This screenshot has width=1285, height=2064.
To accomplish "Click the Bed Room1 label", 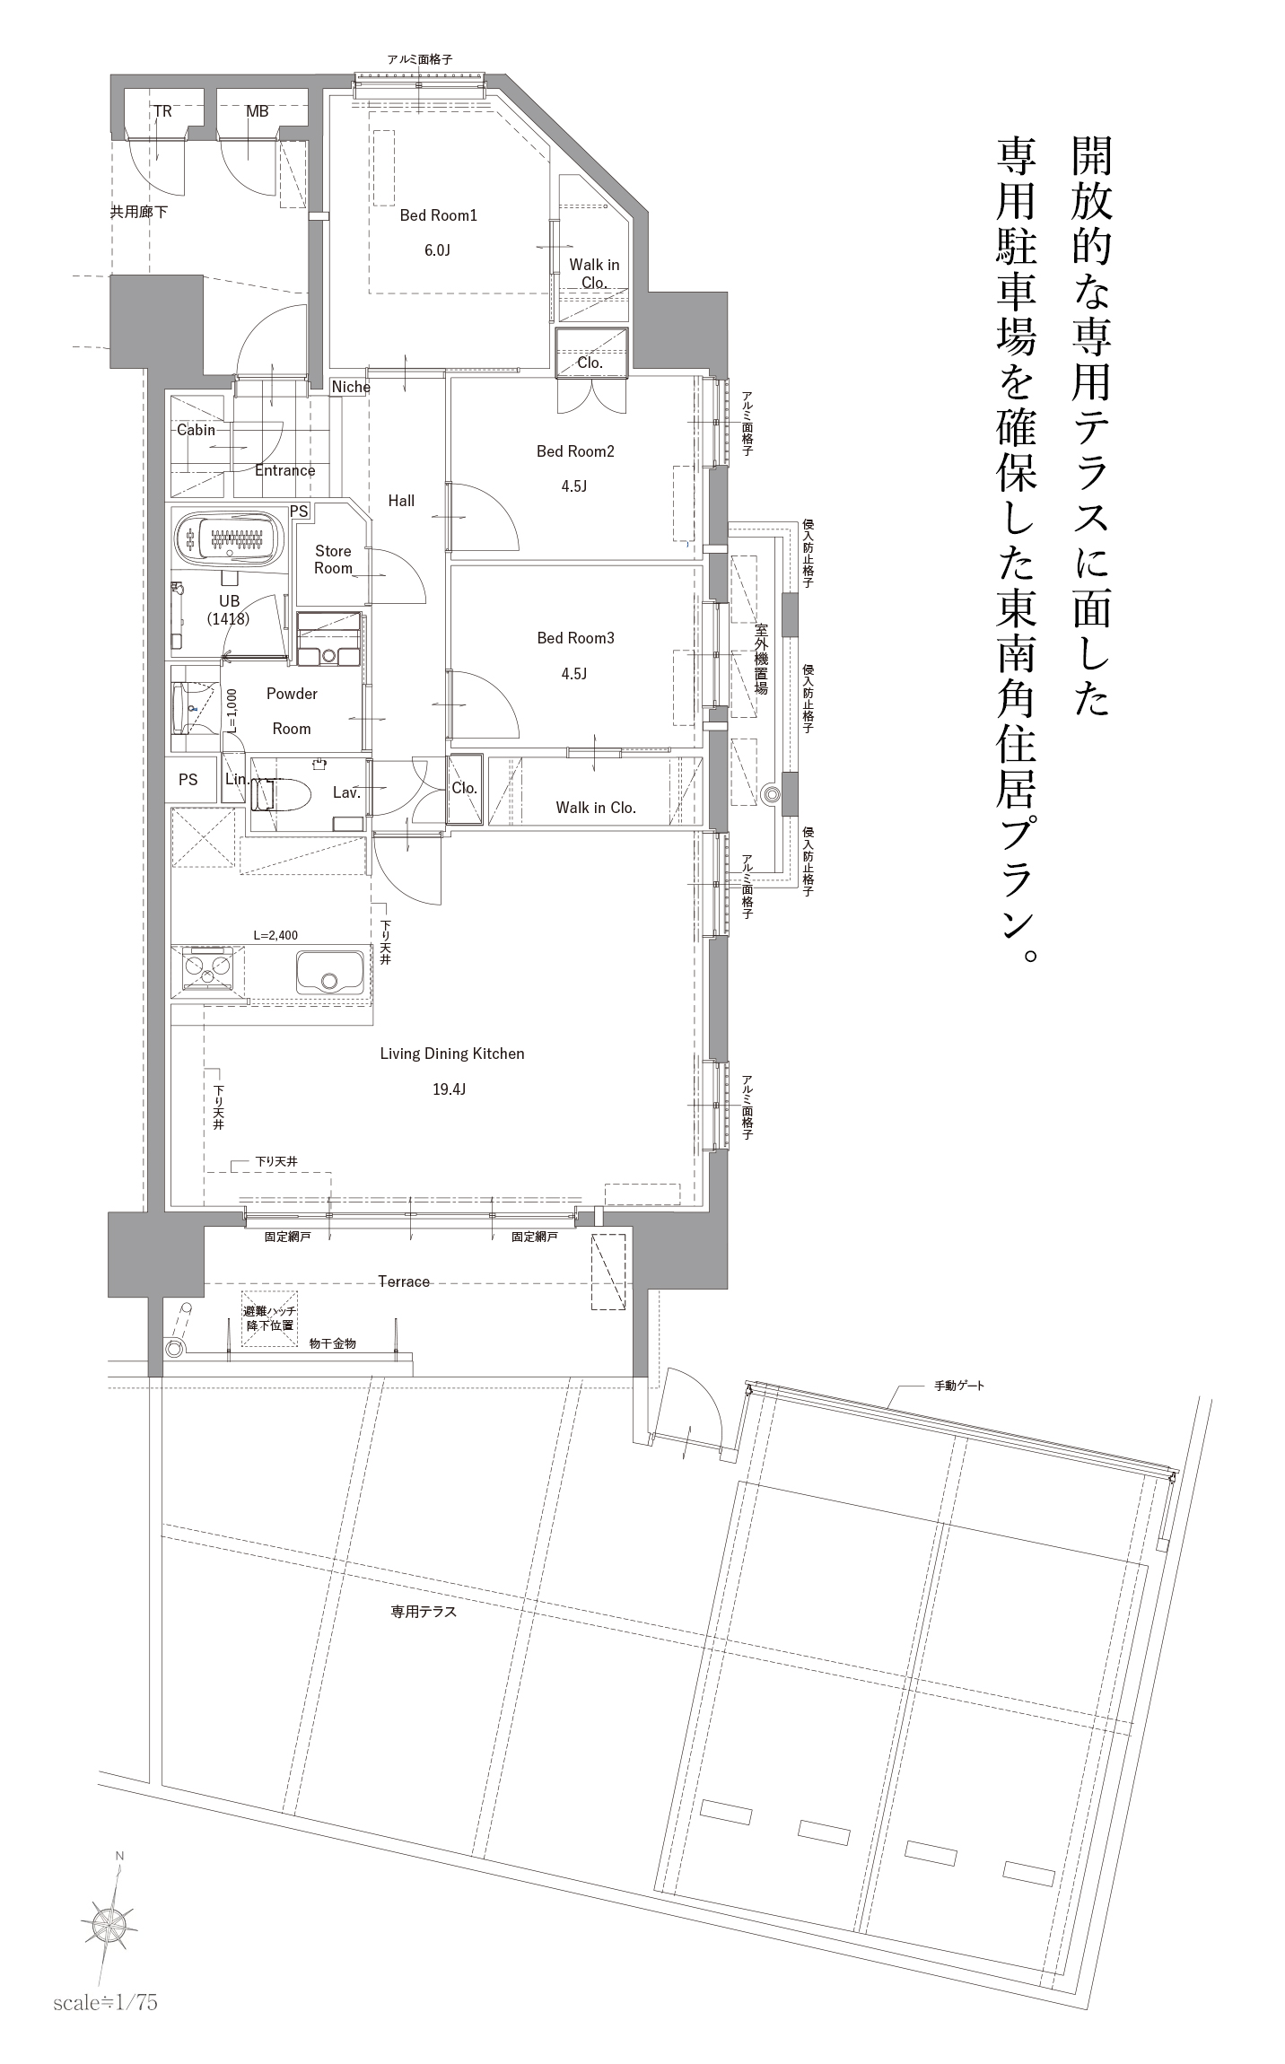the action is [438, 215].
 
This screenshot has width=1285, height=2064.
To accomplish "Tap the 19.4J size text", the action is [449, 1089].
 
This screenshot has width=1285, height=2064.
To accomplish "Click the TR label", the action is [162, 112].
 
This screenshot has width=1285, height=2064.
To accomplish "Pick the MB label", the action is [257, 112].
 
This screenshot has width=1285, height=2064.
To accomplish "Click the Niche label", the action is [350, 387].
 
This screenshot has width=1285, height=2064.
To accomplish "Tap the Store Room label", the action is [333, 560].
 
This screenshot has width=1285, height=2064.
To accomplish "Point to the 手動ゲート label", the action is [959, 1386].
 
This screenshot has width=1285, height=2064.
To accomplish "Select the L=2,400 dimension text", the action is [275, 935].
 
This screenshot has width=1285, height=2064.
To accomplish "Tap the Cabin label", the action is [196, 430].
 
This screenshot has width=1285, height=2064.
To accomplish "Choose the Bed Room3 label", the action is [575, 639].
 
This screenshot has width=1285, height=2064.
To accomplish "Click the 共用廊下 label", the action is [139, 213].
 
